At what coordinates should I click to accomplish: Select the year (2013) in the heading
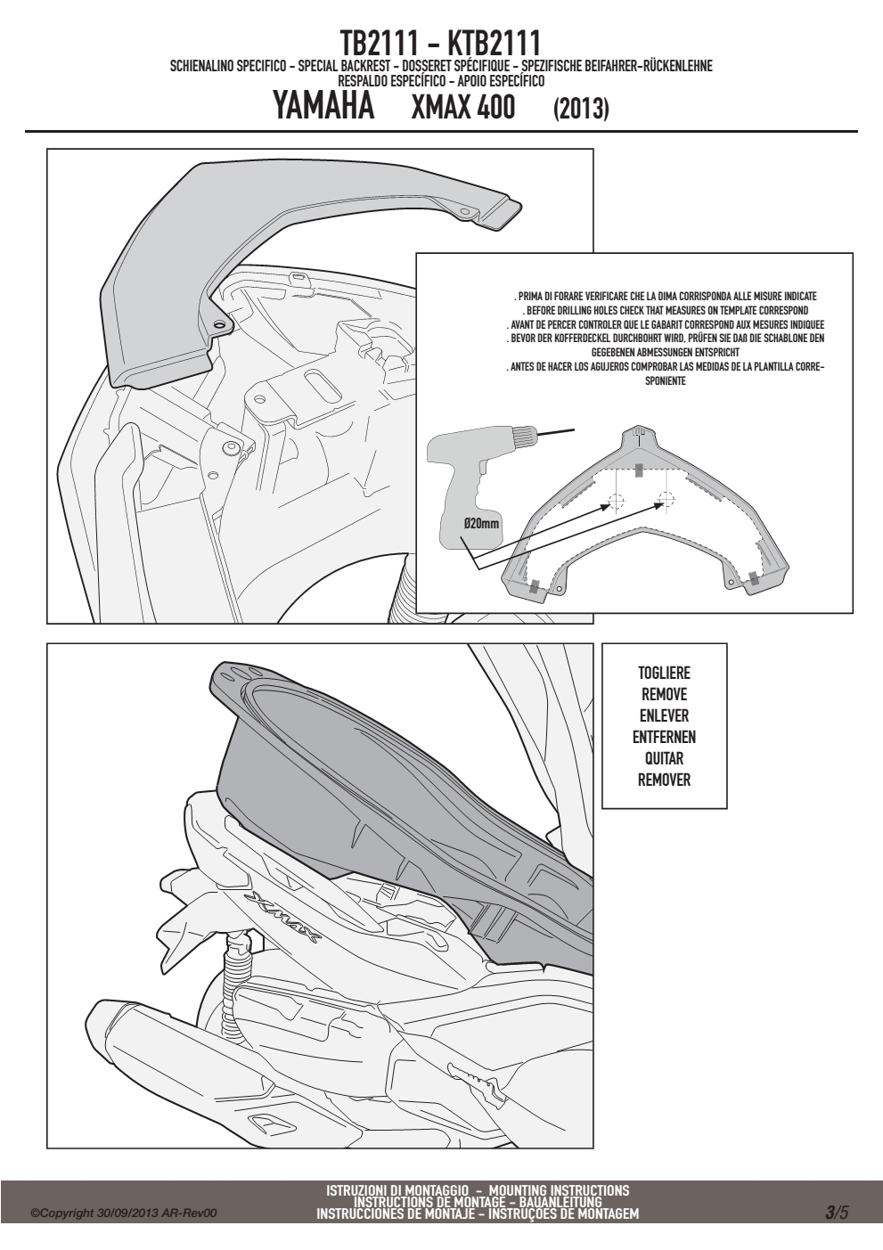tap(581, 109)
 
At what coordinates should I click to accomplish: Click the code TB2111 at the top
tap(379, 43)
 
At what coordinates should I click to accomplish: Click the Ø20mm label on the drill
tap(480, 523)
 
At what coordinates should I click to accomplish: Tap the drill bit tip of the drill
tap(574, 429)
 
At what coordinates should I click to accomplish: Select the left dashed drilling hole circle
tap(616, 501)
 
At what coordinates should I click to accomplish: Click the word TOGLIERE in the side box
tap(664, 673)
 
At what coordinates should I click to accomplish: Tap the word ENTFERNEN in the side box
tap(664, 737)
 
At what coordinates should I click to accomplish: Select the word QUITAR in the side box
tap(664, 758)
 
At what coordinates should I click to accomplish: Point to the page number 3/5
tap(838, 1211)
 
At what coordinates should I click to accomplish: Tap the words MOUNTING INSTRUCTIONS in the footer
tap(559, 1190)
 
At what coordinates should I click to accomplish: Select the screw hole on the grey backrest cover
tap(220, 323)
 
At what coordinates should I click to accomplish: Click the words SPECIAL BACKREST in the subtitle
tap(345, 67)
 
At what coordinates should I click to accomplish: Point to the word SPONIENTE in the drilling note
tap(666, 381)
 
